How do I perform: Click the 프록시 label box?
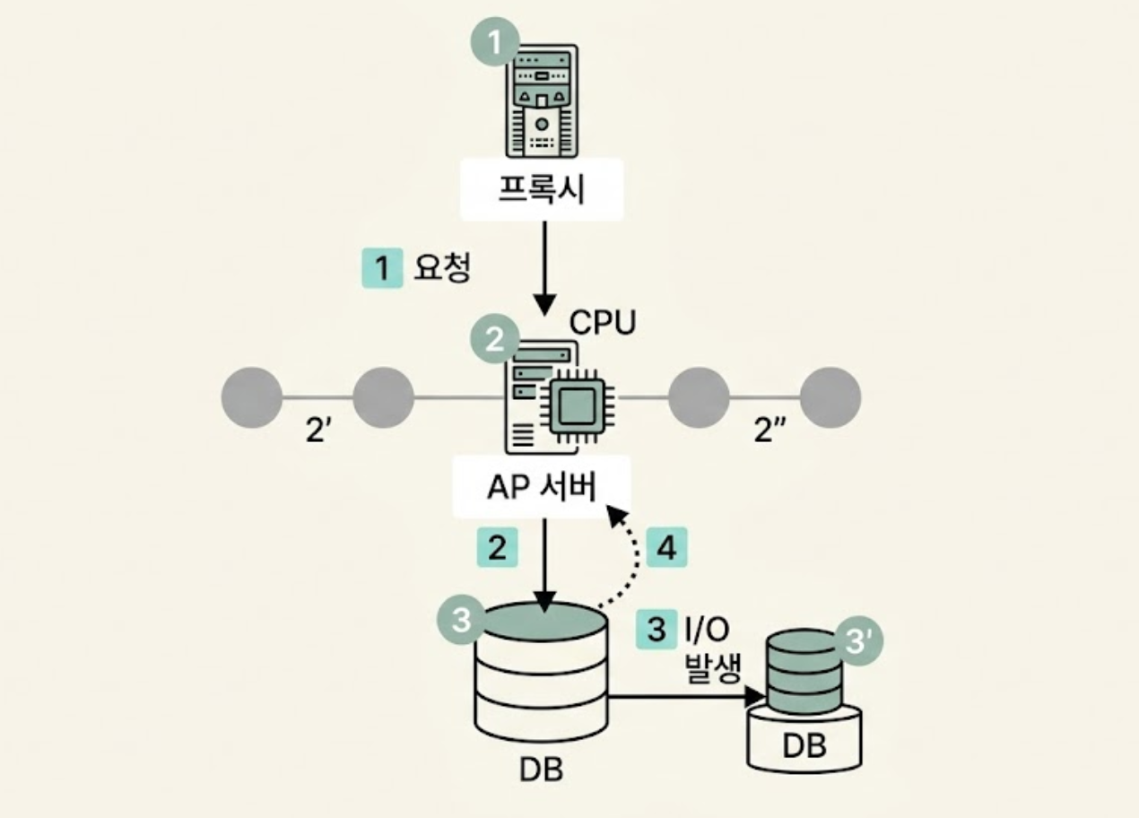click(x=541, y=189)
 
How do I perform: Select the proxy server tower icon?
click(x=542, y=100)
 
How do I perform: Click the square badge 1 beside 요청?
click(x=383, y=267)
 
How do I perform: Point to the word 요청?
click(x=441, y=267)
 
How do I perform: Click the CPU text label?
click(x=602, y=322)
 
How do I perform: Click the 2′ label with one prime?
click(x=319, y=431)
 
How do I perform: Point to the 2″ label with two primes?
click(x=769, y=431)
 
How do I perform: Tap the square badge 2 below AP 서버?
click(x=497, y=548)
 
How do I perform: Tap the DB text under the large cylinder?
click(x=541, y=768)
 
